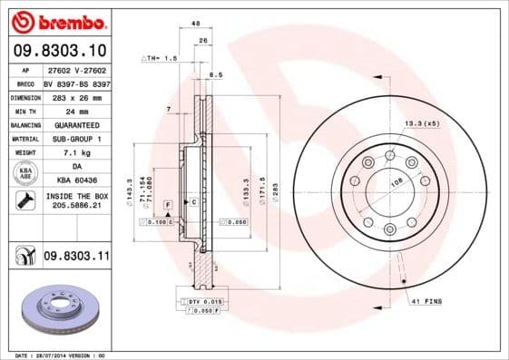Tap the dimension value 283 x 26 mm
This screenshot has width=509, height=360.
(x=76, y=96)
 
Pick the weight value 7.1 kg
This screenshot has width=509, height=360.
(x=76, y=151)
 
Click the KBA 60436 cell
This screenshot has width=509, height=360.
(x=76, y=180)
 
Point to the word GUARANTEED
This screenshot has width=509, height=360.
(x=76, y=124)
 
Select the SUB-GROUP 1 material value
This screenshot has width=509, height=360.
(x=76, y=138)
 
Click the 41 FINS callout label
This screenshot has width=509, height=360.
(x=426, y=300)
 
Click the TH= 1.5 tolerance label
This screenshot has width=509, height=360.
(x=159, y=58)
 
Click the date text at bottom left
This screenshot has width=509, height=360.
(x=55, y=355)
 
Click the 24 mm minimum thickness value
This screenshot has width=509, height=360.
(x=76, y=111)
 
